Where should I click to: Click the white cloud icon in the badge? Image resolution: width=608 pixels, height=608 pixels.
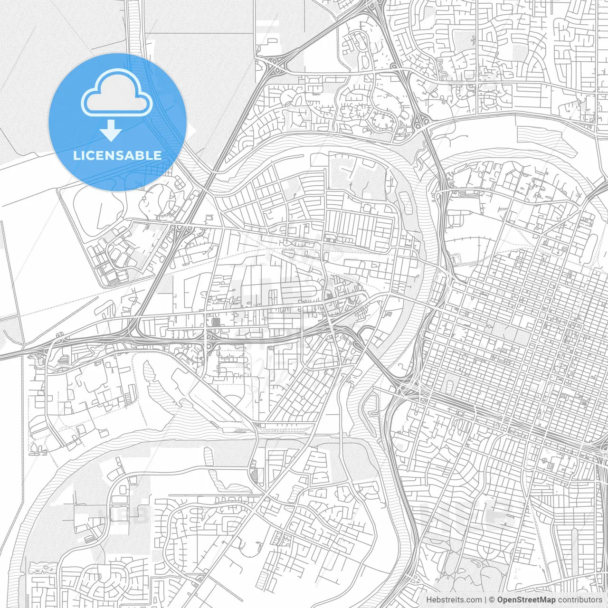[117, 93]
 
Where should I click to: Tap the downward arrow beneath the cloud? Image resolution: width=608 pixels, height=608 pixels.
[111, 131]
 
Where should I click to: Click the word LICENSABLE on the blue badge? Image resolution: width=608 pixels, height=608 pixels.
[117, 155]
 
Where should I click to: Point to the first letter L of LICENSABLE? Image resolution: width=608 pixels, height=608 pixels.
[76, 155]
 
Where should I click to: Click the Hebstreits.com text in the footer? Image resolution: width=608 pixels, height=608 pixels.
[454, 600]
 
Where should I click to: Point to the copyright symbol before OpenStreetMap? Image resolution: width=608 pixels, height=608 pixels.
[493, 600]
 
